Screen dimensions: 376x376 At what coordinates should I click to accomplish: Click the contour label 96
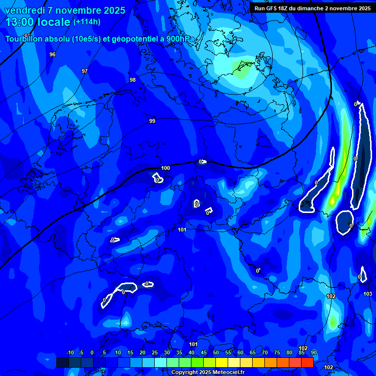(52, 54)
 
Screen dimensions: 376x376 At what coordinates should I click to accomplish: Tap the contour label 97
(85, 71)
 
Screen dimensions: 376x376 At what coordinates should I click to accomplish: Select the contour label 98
(133, 80)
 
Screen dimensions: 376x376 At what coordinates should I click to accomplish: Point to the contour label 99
(152, 121)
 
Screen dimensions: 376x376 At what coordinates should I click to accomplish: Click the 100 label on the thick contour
(165, 168)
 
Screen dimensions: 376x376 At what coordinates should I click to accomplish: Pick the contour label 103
(368, 294)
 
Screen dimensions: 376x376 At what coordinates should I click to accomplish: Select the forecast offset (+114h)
(87, 22)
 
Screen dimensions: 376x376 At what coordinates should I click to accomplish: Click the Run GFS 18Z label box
(312, 8)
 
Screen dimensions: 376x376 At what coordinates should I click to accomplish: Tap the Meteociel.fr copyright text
(207, 372)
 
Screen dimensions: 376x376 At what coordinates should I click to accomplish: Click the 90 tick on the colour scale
(314, 352)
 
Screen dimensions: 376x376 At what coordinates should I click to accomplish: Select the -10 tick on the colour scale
(70, 352)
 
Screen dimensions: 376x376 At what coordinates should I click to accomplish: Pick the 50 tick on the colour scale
(216, 352)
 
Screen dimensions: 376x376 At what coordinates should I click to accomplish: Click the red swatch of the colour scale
(307, 362)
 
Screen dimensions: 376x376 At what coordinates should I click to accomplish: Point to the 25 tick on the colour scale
(155, 352)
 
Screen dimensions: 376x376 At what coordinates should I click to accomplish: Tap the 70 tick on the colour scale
(265, 352)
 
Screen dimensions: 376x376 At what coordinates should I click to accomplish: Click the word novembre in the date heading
(79, 10)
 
